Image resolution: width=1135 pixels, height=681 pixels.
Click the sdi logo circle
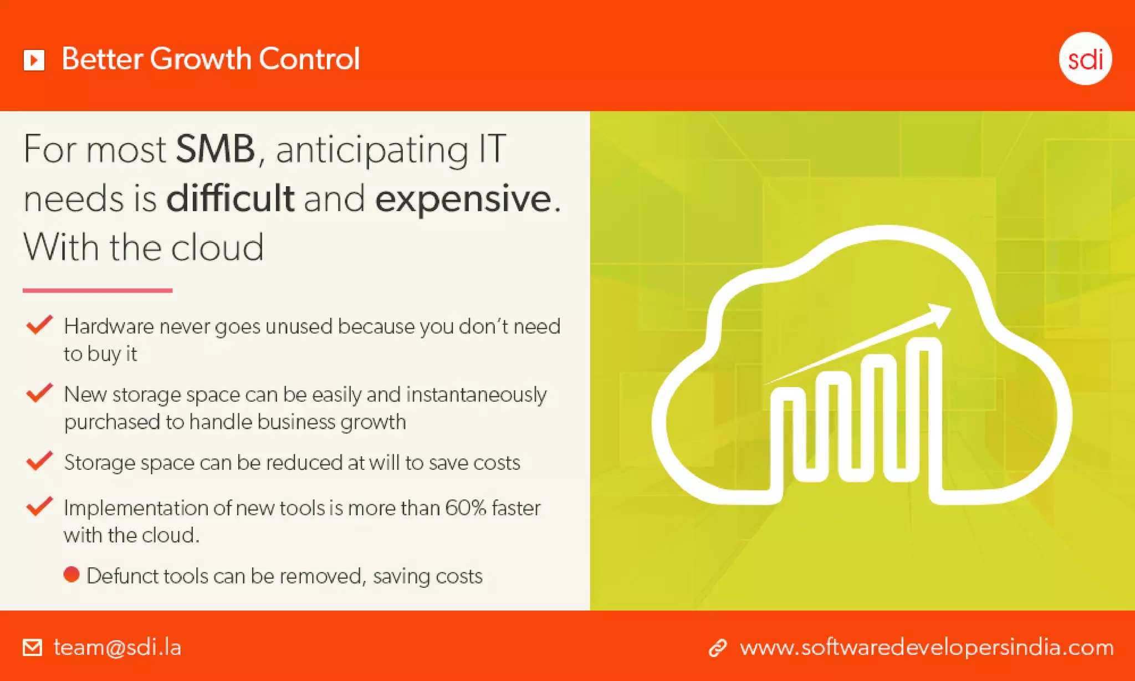tap(1085, 59)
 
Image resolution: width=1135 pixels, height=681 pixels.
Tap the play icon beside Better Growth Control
tap(34, 60)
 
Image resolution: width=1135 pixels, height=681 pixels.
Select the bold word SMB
tap(215, 149)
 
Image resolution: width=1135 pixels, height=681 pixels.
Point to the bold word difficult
tap(230, 198)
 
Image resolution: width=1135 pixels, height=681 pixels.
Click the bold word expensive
tap(463, 198)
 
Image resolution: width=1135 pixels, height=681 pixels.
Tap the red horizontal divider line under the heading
tap(98, 290)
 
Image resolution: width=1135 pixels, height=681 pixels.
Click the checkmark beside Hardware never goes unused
tap(39, 325)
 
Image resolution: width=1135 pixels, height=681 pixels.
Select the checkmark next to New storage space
tap(39, 393)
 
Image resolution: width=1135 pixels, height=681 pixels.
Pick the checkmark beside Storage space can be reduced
tap(39, 460)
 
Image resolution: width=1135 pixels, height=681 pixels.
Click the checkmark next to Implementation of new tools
tap(39, 506)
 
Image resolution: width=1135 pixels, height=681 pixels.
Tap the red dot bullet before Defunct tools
tap(71, 575)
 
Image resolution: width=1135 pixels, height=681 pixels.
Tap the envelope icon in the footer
tap(32, 647)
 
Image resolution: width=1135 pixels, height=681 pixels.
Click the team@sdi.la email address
tap(117, 647)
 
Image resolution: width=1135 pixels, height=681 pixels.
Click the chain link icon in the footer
tap(718, 648)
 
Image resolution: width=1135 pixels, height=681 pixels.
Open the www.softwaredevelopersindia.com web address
tap(926, 647)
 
